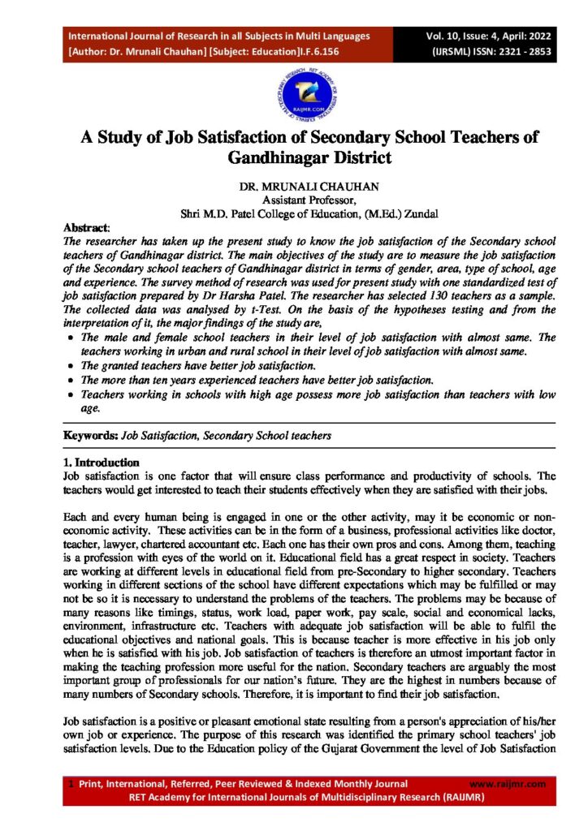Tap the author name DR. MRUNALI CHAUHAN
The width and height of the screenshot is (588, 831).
click(293, 187)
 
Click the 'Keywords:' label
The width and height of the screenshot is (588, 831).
click(91, 436)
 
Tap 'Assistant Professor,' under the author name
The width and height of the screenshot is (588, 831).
click(293, 200)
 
